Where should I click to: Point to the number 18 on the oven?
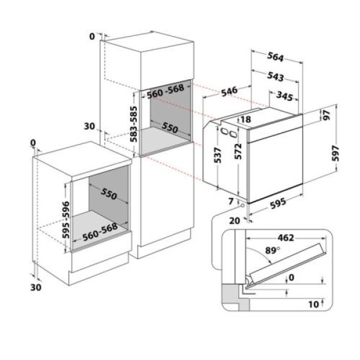(245, 119)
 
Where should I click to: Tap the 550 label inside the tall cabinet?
(170, 128)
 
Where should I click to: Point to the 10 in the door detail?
(312, 305)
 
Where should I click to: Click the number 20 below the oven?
(234, 220)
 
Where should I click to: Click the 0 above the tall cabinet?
(91, 37)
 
